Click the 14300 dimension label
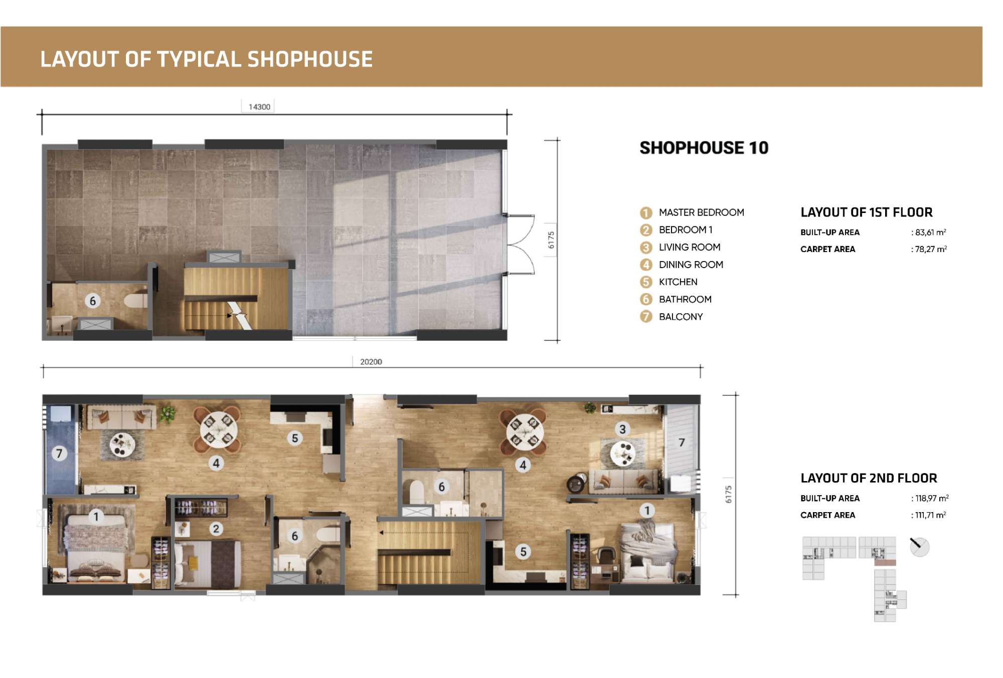[x=259, y=107]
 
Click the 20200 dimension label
[x=371, y=362]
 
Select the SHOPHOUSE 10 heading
[x=704, y=148]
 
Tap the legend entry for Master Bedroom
[x=692, y=212]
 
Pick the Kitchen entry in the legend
[x=668, y=282]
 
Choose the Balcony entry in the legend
[x=672, y=317]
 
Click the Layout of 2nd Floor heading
[x=869, y=478]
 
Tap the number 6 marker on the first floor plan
[x=92, y=301]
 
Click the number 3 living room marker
[x=622, y=429]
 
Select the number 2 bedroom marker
[x=216, y=529]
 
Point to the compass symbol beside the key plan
[x=919, y=546]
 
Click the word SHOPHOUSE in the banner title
[x=310, y=59]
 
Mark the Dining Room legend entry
[x=682, y=265]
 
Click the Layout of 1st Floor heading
[x=867, y=212]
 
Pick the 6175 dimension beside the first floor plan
[x=551, y=240]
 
